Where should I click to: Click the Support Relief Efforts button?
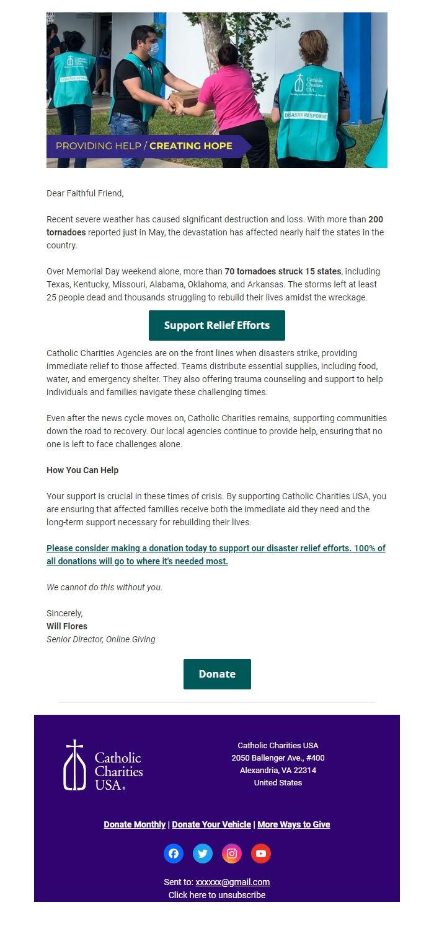(217, 325)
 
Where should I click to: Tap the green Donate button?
(217, 674)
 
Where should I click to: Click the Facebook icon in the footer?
(174, 854)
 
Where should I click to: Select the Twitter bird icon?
(203, 854)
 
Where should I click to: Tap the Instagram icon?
(232, 854)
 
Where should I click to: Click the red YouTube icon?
(261, 854)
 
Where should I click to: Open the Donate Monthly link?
(135, 824)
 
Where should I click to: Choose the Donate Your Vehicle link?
(211, 824)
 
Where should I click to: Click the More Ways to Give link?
(294, 824)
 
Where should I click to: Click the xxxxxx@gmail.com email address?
(232, 882)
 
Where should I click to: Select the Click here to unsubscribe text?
(217, 895)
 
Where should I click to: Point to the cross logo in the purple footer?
(74, 765)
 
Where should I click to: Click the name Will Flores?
(67, 626)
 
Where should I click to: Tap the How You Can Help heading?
(82, 470)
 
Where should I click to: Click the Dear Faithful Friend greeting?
(85, 193)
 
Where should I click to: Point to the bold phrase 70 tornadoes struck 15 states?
(283, 271)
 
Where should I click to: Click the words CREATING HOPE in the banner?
(191, 146)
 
